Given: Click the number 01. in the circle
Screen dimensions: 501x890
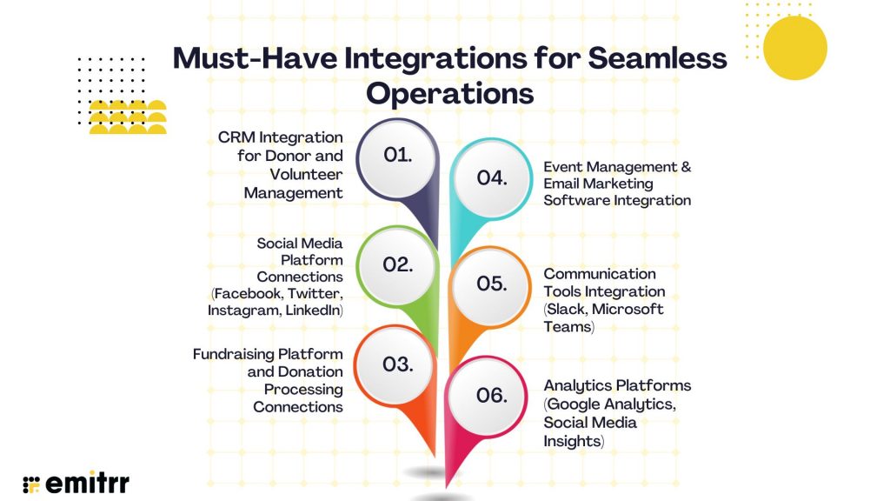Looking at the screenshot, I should (x=397, y=155).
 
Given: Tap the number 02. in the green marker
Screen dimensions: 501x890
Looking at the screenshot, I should (x=397, y=264).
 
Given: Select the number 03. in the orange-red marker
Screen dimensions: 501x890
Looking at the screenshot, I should (x=397, y=364).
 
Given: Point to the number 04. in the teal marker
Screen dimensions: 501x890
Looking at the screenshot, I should (x=491, y=177).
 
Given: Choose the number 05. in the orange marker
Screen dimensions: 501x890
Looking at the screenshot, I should (x=491, y=284).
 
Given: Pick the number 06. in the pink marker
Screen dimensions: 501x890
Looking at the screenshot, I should (x=491, y=395).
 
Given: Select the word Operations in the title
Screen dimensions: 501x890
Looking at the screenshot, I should (x=448, y=93).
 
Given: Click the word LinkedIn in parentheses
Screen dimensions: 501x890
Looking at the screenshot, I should (x=314, y=311).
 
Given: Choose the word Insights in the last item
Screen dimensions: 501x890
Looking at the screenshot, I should (x=572, y=441).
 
